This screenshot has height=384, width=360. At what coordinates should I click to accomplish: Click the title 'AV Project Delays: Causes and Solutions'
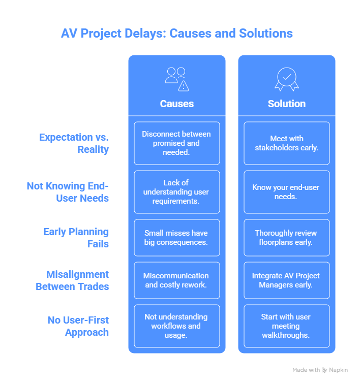(x=176, y=34)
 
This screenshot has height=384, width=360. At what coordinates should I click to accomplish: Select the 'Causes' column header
(x=176, y=104)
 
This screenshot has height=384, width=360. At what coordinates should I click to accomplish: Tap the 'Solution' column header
(x=287, y=104)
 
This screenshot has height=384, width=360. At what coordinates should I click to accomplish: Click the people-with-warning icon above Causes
(x=176, y=79)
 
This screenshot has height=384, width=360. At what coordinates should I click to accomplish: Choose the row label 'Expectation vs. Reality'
(x=74, y=143)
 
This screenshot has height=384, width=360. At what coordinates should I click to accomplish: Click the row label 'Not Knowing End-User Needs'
(x=68, y=192)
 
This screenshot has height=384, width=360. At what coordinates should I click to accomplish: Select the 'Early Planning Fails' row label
(x=76, y=238)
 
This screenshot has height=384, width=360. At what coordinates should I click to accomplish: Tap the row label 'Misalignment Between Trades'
(x=72, y=280)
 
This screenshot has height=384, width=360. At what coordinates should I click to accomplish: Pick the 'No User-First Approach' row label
(x=78, y=326)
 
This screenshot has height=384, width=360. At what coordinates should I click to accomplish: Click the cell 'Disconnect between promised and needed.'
(x=176, y=143)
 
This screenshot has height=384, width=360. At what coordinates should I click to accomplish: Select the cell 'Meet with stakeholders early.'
(x=287, y=143)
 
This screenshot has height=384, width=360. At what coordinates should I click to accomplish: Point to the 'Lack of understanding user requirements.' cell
(x=176, y=192)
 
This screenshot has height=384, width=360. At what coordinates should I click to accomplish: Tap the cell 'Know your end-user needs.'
(x=287, y=192)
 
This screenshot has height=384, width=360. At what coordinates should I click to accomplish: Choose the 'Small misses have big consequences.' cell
(x=176, y=238)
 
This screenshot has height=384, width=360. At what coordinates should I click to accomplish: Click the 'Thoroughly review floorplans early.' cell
(x=287, y=238)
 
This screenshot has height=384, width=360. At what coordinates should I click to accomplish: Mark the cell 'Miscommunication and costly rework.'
(x=176, y=280)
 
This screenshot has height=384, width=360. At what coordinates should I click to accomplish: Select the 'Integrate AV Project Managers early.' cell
(x=287, y=280)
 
